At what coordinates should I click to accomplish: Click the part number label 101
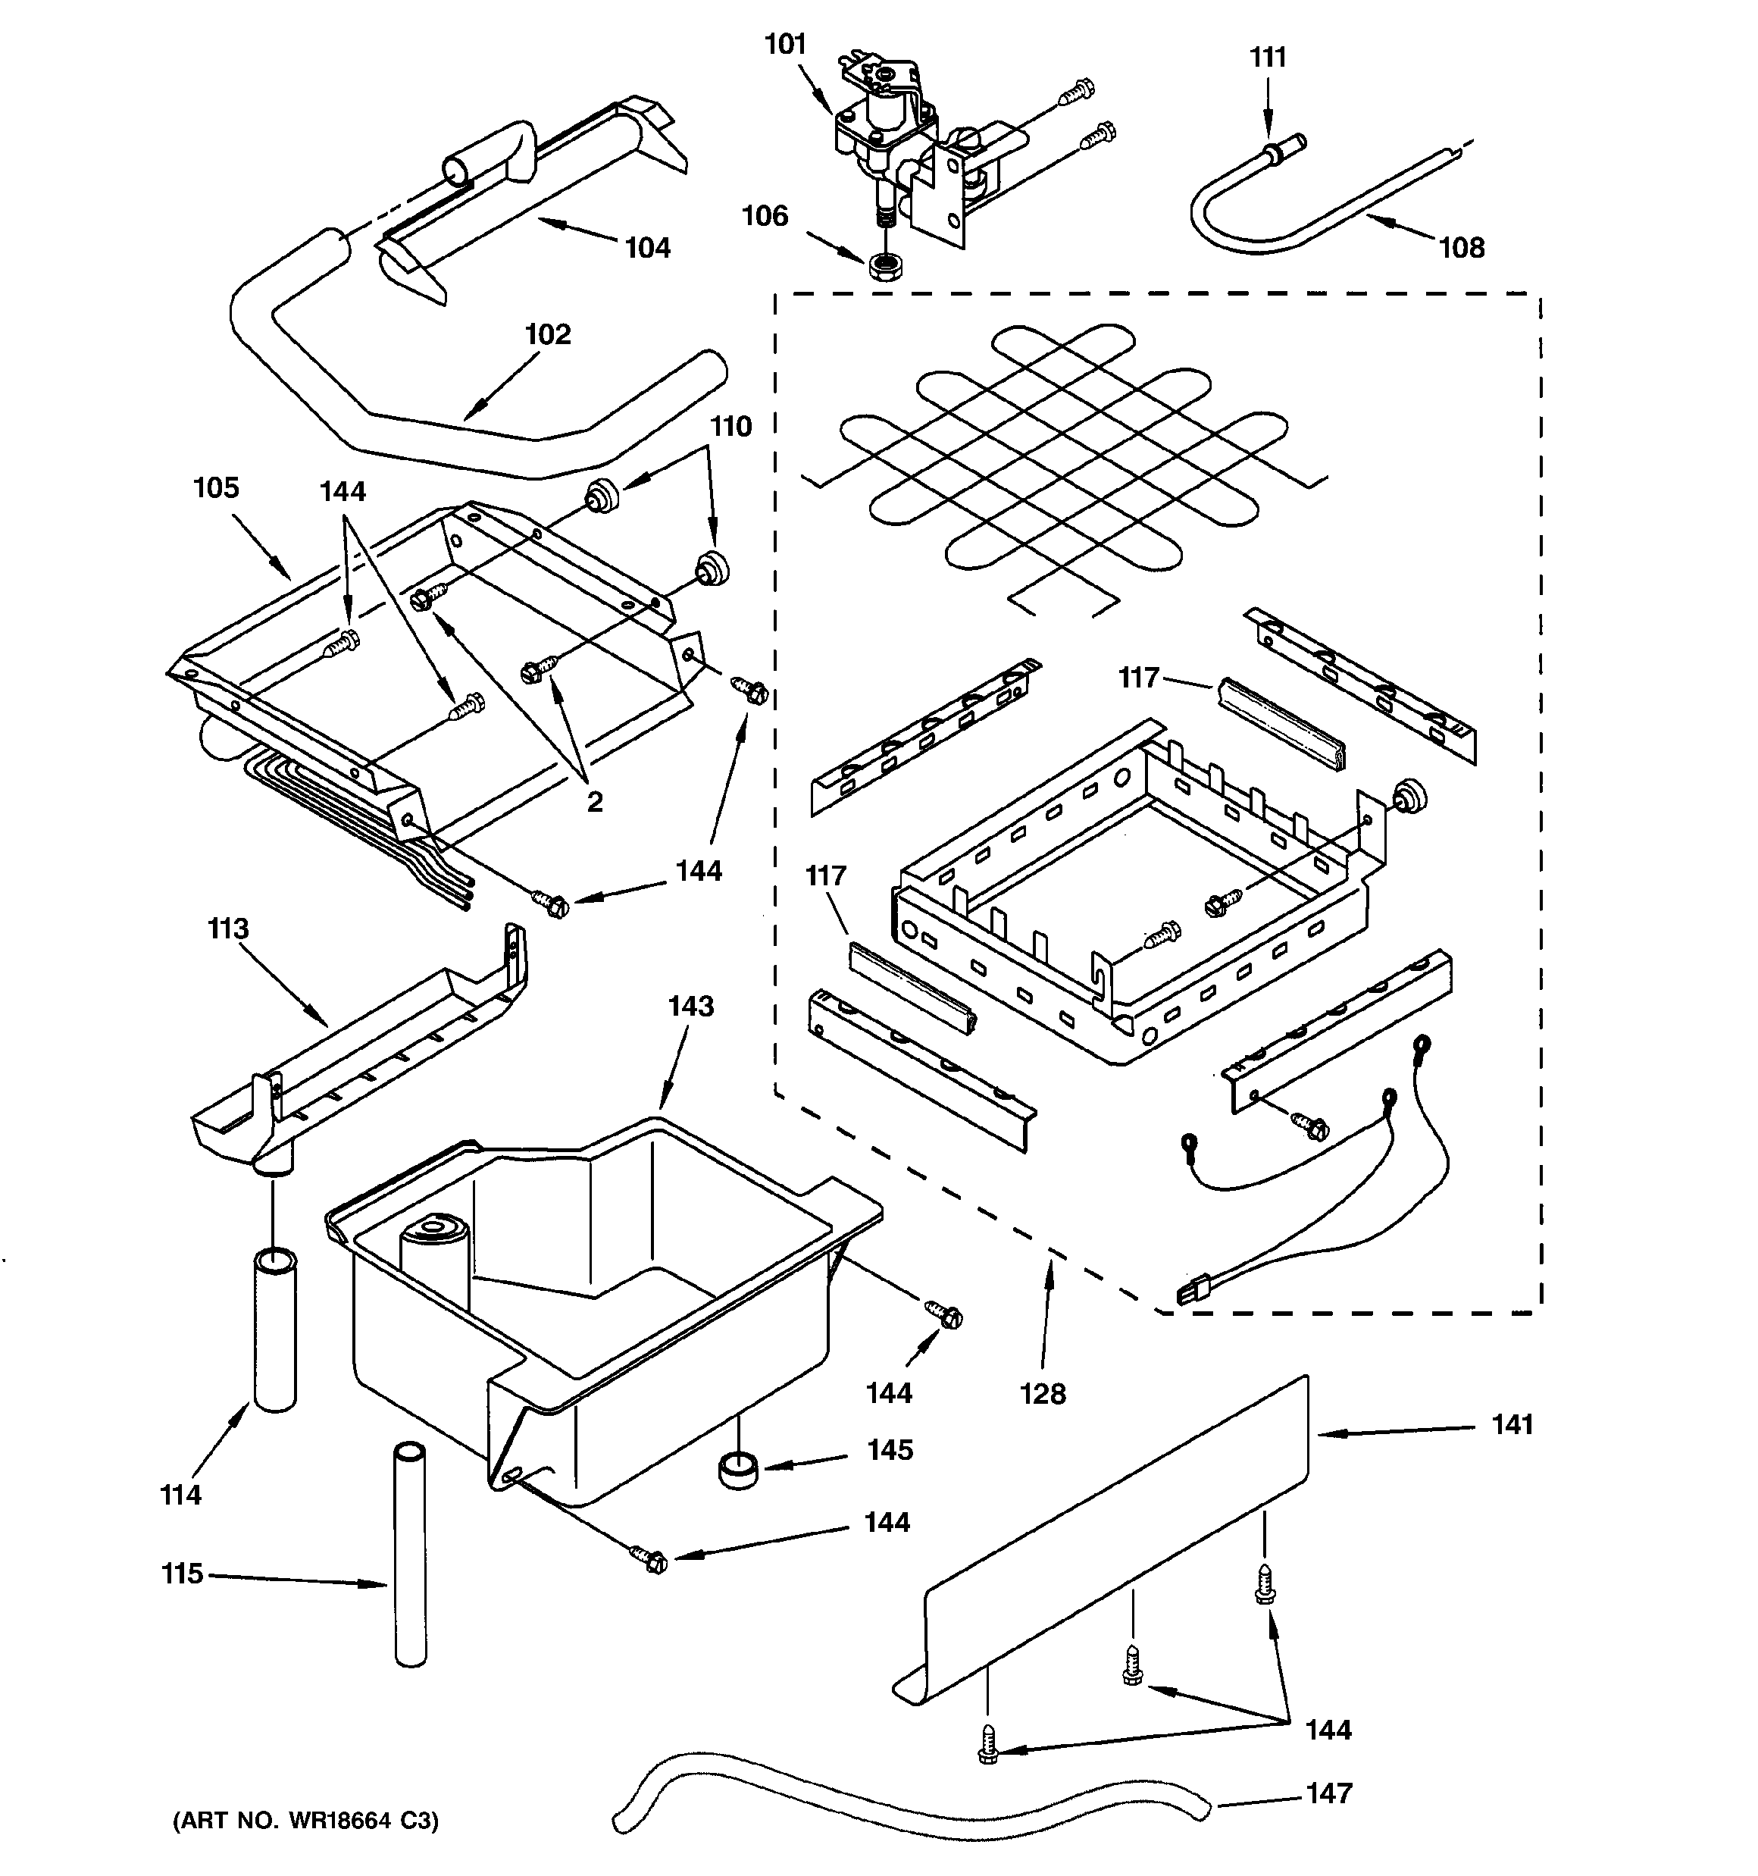coord(785,45)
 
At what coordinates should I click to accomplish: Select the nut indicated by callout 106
coord(886,267)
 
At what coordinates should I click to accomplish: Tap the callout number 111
coord(1267,58)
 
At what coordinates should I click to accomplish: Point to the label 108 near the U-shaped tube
coord(1461,247)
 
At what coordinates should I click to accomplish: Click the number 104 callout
coord(647,247)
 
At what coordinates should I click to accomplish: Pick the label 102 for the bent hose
coord(547,334)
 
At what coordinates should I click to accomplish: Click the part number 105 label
coord(216,488)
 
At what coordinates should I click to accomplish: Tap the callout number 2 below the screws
coord(595,801)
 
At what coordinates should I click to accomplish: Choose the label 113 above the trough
coord(227,929)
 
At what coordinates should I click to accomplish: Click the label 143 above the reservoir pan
coord(691,1006)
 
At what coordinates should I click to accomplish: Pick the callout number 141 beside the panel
coord(1512,1424)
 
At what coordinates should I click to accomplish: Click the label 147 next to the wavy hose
coord(1328,1792)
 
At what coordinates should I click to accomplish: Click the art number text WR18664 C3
coord(305,1821)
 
